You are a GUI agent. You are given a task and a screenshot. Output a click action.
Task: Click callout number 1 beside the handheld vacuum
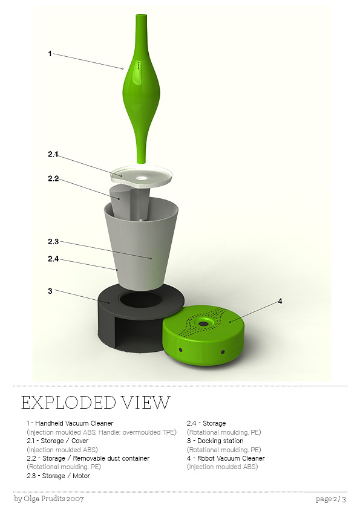coord(50,54)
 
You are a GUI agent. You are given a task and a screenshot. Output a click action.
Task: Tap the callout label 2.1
coord(53,154)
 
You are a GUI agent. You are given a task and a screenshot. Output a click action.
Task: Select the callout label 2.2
coord(53,178)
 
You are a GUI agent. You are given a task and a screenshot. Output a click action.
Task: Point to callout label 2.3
coord(53,242)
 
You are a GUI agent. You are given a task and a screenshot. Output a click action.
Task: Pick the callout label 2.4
coord(53,259)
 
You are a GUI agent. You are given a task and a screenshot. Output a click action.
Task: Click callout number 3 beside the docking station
coord(50,291)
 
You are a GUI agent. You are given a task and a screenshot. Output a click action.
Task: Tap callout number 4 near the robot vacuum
coord(280,302)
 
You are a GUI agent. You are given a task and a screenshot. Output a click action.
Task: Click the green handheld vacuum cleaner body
coord(142,88)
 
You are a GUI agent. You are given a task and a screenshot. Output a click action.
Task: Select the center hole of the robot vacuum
coord(204,323)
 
